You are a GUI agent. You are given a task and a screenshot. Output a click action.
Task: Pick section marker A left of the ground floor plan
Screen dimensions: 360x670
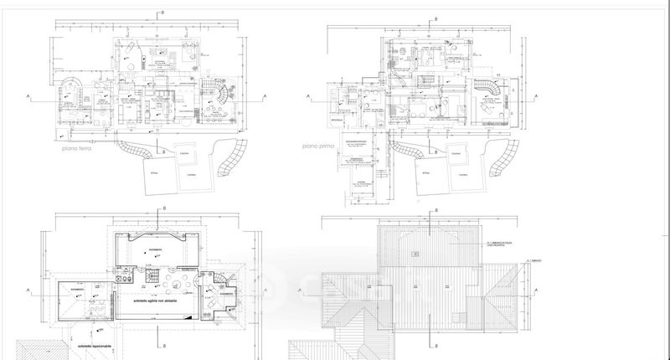click(x=29, y=98)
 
